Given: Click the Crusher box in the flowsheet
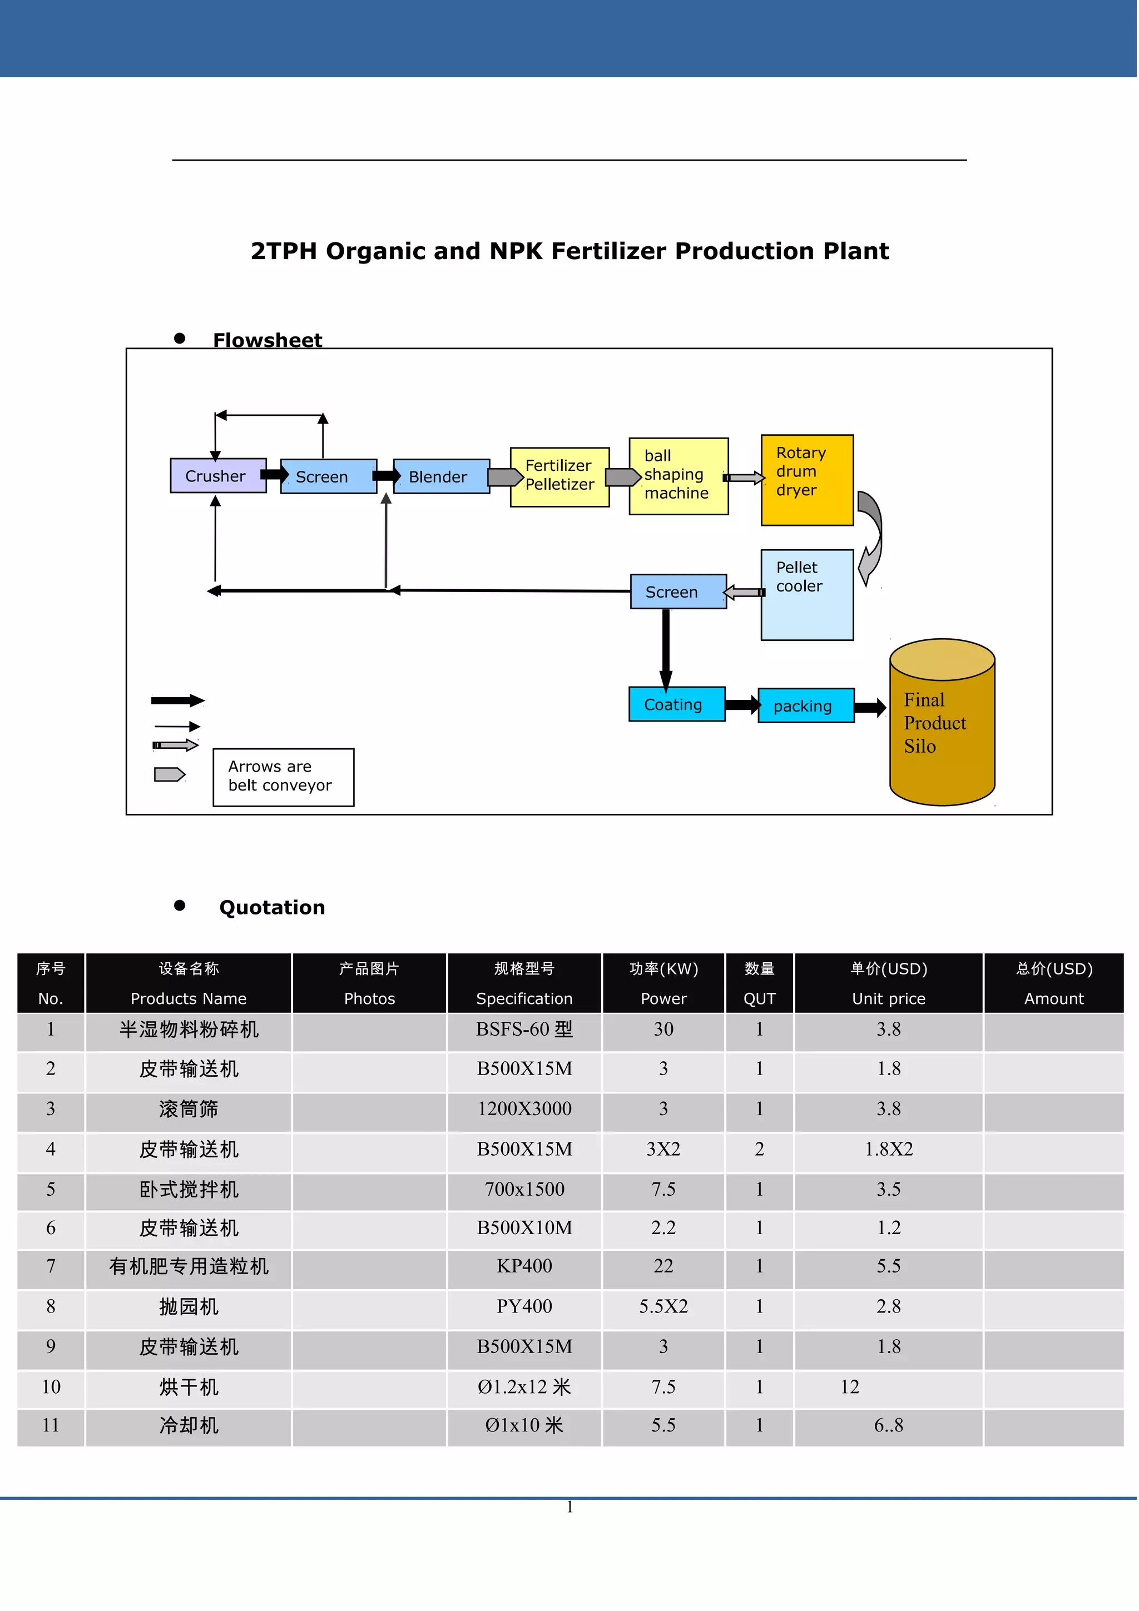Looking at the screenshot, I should pyautogui.click(x=217, y=476).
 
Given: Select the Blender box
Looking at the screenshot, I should pyautogui.click(x=440, y=476).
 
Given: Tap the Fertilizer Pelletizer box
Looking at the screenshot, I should pyautogui.click(x=559, y=476).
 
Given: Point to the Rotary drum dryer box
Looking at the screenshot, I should pyautogui.click(x=807, y=480).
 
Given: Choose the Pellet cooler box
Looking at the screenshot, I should pyautogui.click(x=807, y=594).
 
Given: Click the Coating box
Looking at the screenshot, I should pyautogui.click(x=676, y=704).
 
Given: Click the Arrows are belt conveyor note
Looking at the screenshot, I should pyautogui.click(x=283, y=777).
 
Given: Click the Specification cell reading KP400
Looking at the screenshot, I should pyautogui.click(x=524, y=1266).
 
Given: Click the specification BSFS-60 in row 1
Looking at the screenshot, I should pyautogui.click(x=524, y=1030).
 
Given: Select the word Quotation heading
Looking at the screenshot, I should pyautogui.click(x=273, y=907).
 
